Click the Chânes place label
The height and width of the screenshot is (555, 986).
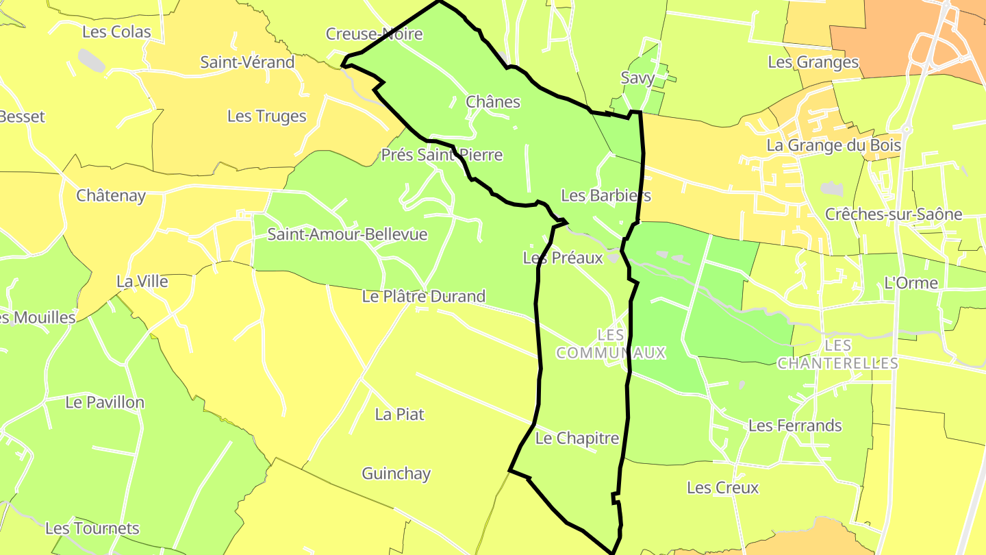point(493,102)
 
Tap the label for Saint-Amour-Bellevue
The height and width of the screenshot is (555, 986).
point(347,234)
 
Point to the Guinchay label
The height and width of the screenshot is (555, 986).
point(396,473)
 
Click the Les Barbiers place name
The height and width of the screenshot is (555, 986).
point(605,195)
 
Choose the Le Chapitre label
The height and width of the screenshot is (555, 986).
point(577,439)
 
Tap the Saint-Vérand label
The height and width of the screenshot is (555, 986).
point(247,62)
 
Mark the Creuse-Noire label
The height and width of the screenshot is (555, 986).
point(374,34)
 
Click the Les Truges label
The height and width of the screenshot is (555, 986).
point(266,116)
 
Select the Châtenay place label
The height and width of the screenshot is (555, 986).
point(111,195)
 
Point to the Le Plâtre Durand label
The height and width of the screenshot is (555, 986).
point(423,297)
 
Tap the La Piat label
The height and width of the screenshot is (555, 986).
point(399,415)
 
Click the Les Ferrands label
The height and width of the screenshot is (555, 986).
point(795,425)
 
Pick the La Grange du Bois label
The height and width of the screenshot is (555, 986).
point(833,145)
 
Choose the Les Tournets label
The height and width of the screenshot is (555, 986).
point(92,528)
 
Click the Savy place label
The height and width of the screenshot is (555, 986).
point(637,78)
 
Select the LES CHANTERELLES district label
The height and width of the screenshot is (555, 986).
point(837,354)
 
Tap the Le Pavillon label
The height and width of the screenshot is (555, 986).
point(105,402)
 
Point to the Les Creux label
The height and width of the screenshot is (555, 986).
point(722,488)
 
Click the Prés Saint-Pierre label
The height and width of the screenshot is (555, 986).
point(442,155)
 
